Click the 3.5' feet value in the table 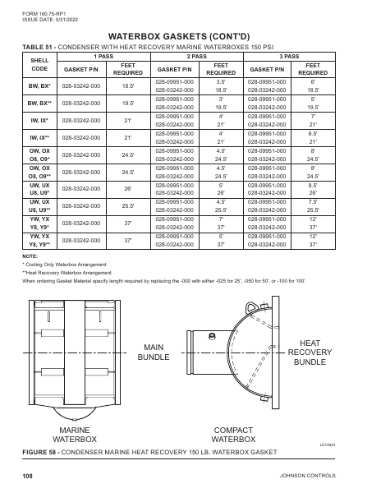pos(221,82)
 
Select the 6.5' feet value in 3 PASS pos(313,132)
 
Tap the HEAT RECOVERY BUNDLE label pos(310,352)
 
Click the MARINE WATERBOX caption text pos(74,435)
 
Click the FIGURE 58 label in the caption pos(42,453)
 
